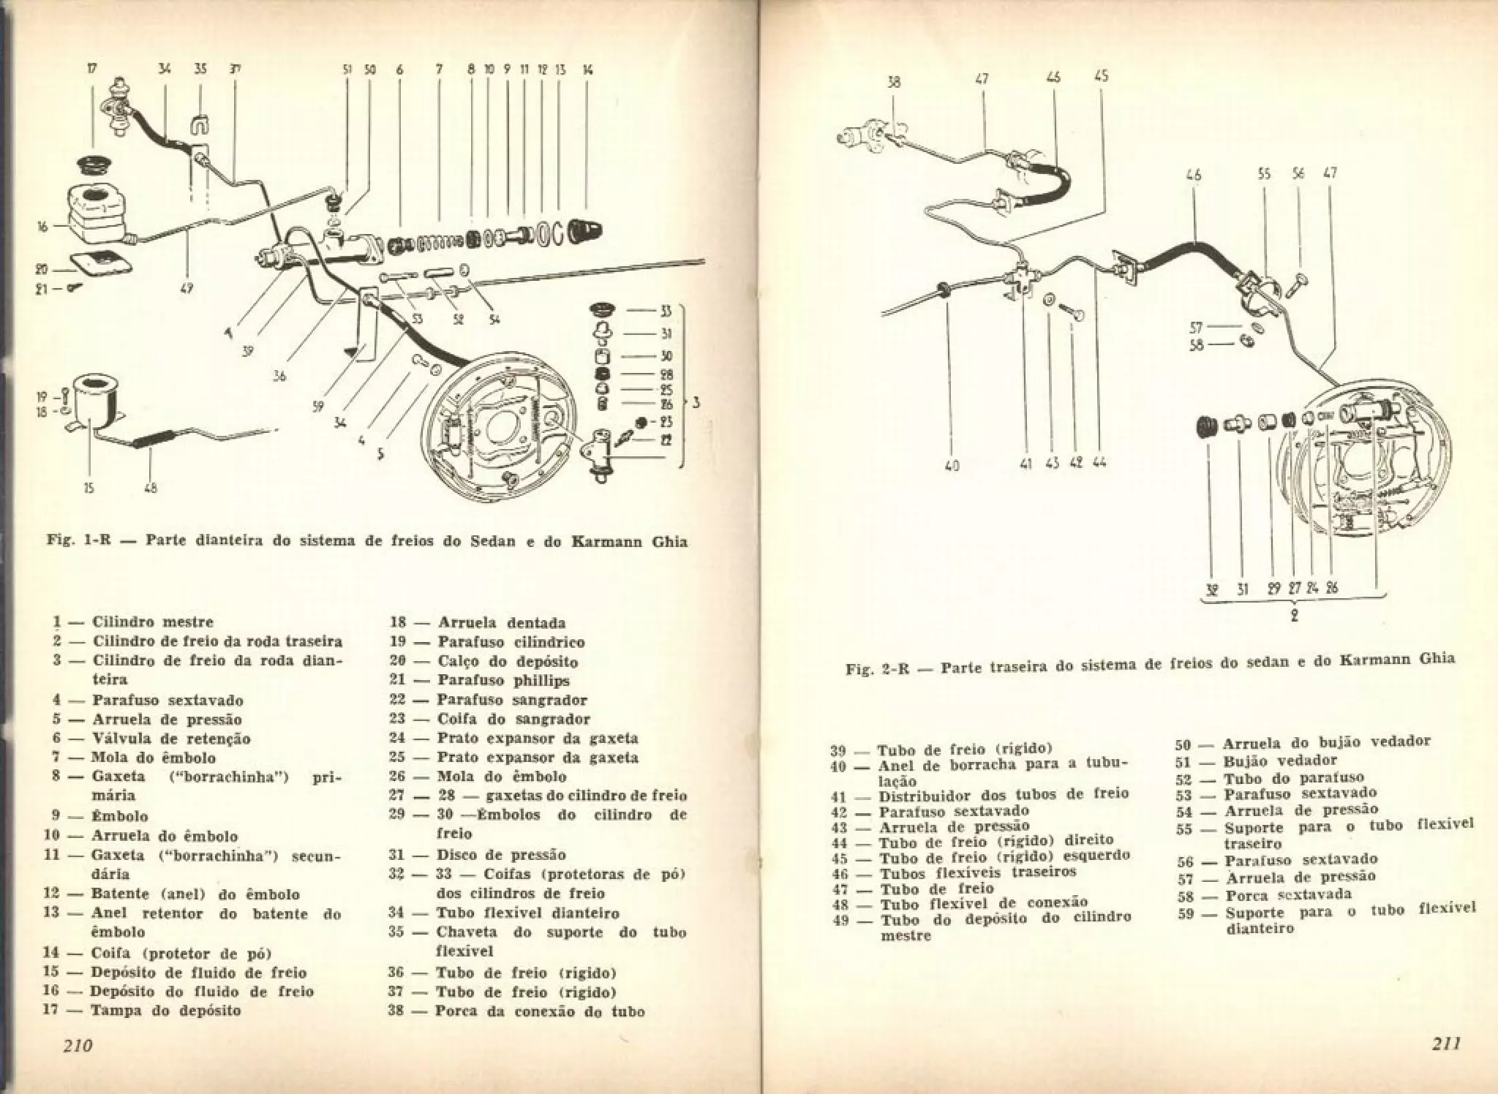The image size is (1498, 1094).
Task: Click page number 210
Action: (78, 1045)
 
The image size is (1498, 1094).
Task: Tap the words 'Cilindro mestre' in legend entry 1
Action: (153, 622)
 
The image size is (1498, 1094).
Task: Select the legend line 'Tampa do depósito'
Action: (165, 1011)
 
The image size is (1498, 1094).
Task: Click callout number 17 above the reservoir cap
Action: (92, 70)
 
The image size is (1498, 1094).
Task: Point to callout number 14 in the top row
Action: (587, 70)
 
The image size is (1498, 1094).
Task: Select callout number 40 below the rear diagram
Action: (952, 464)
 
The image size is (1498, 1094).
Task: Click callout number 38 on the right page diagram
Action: (894, 83)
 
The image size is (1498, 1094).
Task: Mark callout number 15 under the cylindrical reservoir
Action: (89, 488)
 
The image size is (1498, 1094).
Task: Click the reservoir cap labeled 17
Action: (96, 165)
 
